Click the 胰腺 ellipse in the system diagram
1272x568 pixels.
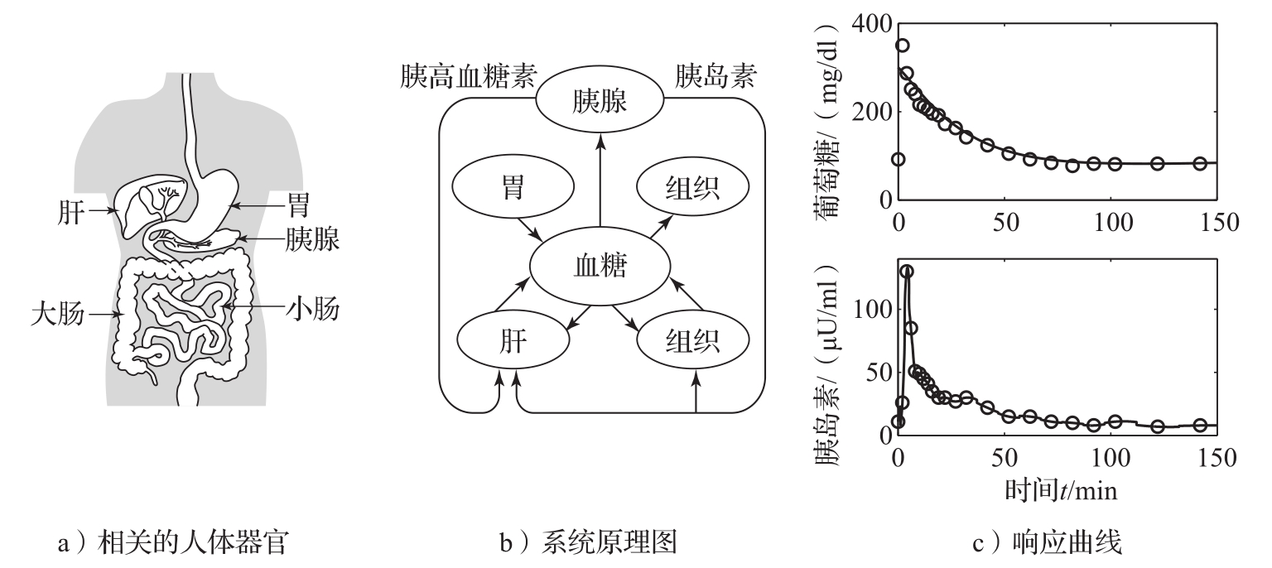pos(600,103)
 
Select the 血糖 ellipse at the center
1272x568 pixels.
pos(600,267)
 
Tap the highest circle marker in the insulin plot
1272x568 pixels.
pos(907,272)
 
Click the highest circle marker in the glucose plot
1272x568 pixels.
pos(903,46)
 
